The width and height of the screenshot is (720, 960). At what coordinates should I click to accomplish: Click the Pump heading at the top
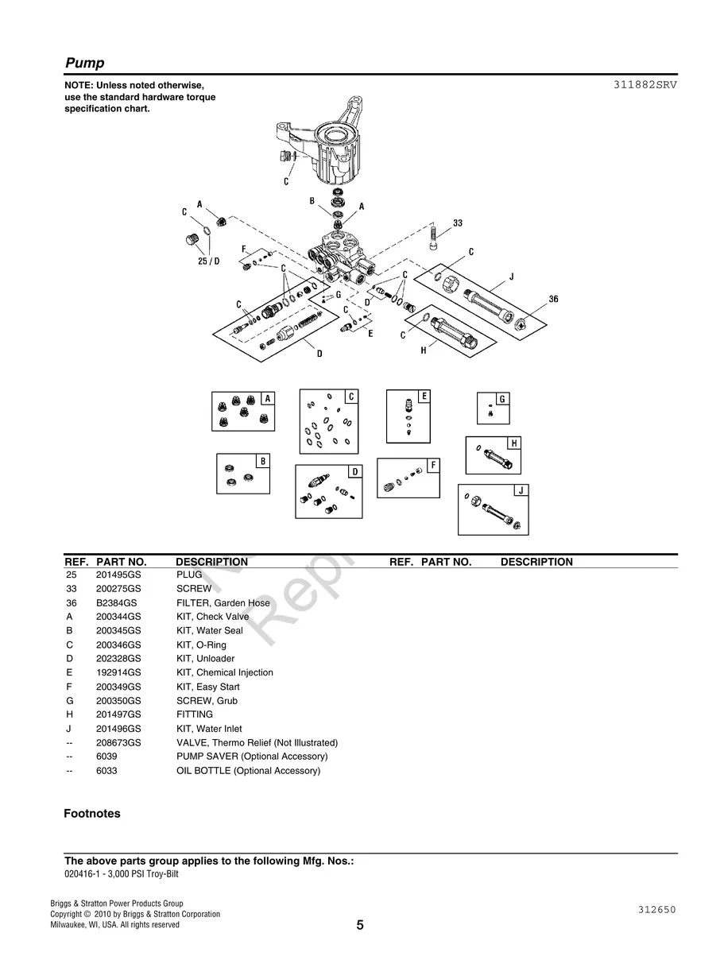coord(84,64)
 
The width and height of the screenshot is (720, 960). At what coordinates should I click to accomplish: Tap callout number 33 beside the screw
coord(458,223)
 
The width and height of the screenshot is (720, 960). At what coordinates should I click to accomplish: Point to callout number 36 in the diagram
coord(553,299)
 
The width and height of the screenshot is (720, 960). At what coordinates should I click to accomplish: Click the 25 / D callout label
coord(208,261)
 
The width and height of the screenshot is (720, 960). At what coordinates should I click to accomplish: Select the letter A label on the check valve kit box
coord(267,398)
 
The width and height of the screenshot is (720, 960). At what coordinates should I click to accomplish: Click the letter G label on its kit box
coord(501,399)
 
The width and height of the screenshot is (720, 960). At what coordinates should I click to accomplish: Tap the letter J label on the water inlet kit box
coord(521,490)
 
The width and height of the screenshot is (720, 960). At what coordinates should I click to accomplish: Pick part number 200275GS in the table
coord(118,589)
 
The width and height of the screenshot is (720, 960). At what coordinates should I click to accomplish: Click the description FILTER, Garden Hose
coord(223,603)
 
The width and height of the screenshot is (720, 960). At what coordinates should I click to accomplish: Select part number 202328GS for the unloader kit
coord(118,659)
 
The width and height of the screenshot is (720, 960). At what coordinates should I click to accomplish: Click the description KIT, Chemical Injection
coord(224,672)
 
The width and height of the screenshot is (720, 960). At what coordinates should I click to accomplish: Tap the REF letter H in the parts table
coord(70,714)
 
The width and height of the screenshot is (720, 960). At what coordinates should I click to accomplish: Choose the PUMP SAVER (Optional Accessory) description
coord(251,757)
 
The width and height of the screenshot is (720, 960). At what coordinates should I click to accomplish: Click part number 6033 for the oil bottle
coord(106,771)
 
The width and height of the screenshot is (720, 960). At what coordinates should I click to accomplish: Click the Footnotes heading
coord(92,814)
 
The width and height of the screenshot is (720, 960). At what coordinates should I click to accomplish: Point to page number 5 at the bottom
coord(360,925)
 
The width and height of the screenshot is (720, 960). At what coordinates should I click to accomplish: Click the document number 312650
coord(656,910)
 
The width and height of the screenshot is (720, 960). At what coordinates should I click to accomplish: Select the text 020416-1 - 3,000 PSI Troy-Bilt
coord(122,874)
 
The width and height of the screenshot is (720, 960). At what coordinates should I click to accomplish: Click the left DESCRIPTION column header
coord(211,562)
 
